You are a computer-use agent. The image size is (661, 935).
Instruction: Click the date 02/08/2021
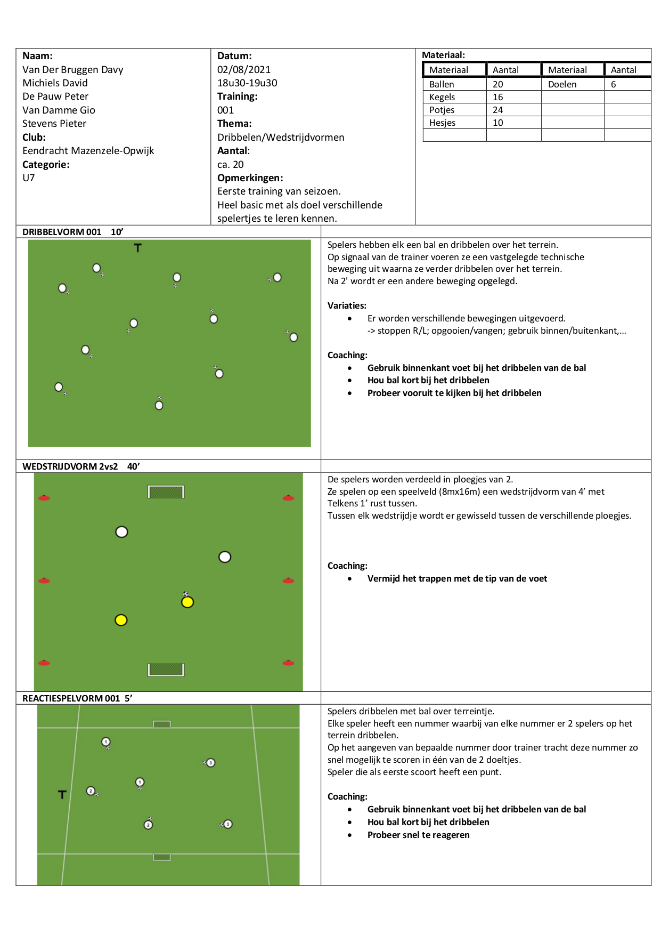click(244, 69)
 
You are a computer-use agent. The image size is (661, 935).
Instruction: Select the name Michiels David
click(55, 83)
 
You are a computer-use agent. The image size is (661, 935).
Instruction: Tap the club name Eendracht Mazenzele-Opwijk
click(88, 151)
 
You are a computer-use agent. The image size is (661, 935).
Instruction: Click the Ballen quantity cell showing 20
click(498, 84)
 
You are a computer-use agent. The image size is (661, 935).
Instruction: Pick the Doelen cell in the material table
click(562, 84)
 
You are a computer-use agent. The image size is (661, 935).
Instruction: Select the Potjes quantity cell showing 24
click(498, 110)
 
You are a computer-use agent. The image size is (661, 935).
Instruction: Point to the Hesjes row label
click(443, 123)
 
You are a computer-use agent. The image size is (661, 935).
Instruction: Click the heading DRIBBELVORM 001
click(62, 232)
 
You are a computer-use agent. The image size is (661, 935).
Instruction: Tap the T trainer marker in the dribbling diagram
click(138, 248)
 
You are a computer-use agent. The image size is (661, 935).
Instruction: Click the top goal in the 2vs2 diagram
click(166, 491)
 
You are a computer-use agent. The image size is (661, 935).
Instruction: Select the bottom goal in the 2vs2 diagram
click(166, 670)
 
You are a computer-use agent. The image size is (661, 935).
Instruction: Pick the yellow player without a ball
click(121, 620)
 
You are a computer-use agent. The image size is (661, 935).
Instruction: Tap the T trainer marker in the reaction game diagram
click(62, 794)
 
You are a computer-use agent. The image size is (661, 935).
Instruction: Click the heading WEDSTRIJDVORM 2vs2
click(70, 466)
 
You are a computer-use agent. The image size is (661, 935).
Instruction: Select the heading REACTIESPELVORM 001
click(71, 698)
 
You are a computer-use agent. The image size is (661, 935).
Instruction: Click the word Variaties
click(347, 305)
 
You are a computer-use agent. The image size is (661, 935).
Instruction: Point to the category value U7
click(29, 178)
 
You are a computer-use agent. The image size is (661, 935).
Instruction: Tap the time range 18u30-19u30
click(247, 83)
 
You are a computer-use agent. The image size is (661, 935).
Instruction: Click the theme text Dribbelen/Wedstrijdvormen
click(281, 137)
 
